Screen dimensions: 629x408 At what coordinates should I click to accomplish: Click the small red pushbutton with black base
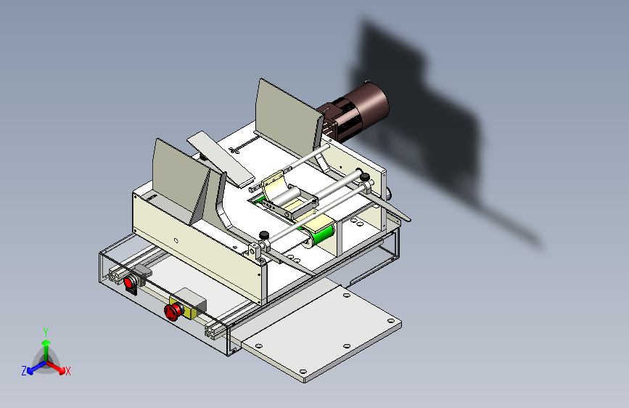(x=129, y=283)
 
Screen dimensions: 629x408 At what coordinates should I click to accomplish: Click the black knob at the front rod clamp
(x=263, y=234)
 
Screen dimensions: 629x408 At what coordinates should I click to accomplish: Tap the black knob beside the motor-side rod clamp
(x=364, y=176)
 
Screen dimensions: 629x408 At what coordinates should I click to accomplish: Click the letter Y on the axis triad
(x=46, y=332)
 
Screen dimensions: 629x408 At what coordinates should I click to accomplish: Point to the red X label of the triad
(x=67, y=371)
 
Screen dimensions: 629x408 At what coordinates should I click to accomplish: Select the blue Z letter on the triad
(x=24, y=371)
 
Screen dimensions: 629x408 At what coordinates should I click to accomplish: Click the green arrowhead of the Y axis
(x=46, y=343)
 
